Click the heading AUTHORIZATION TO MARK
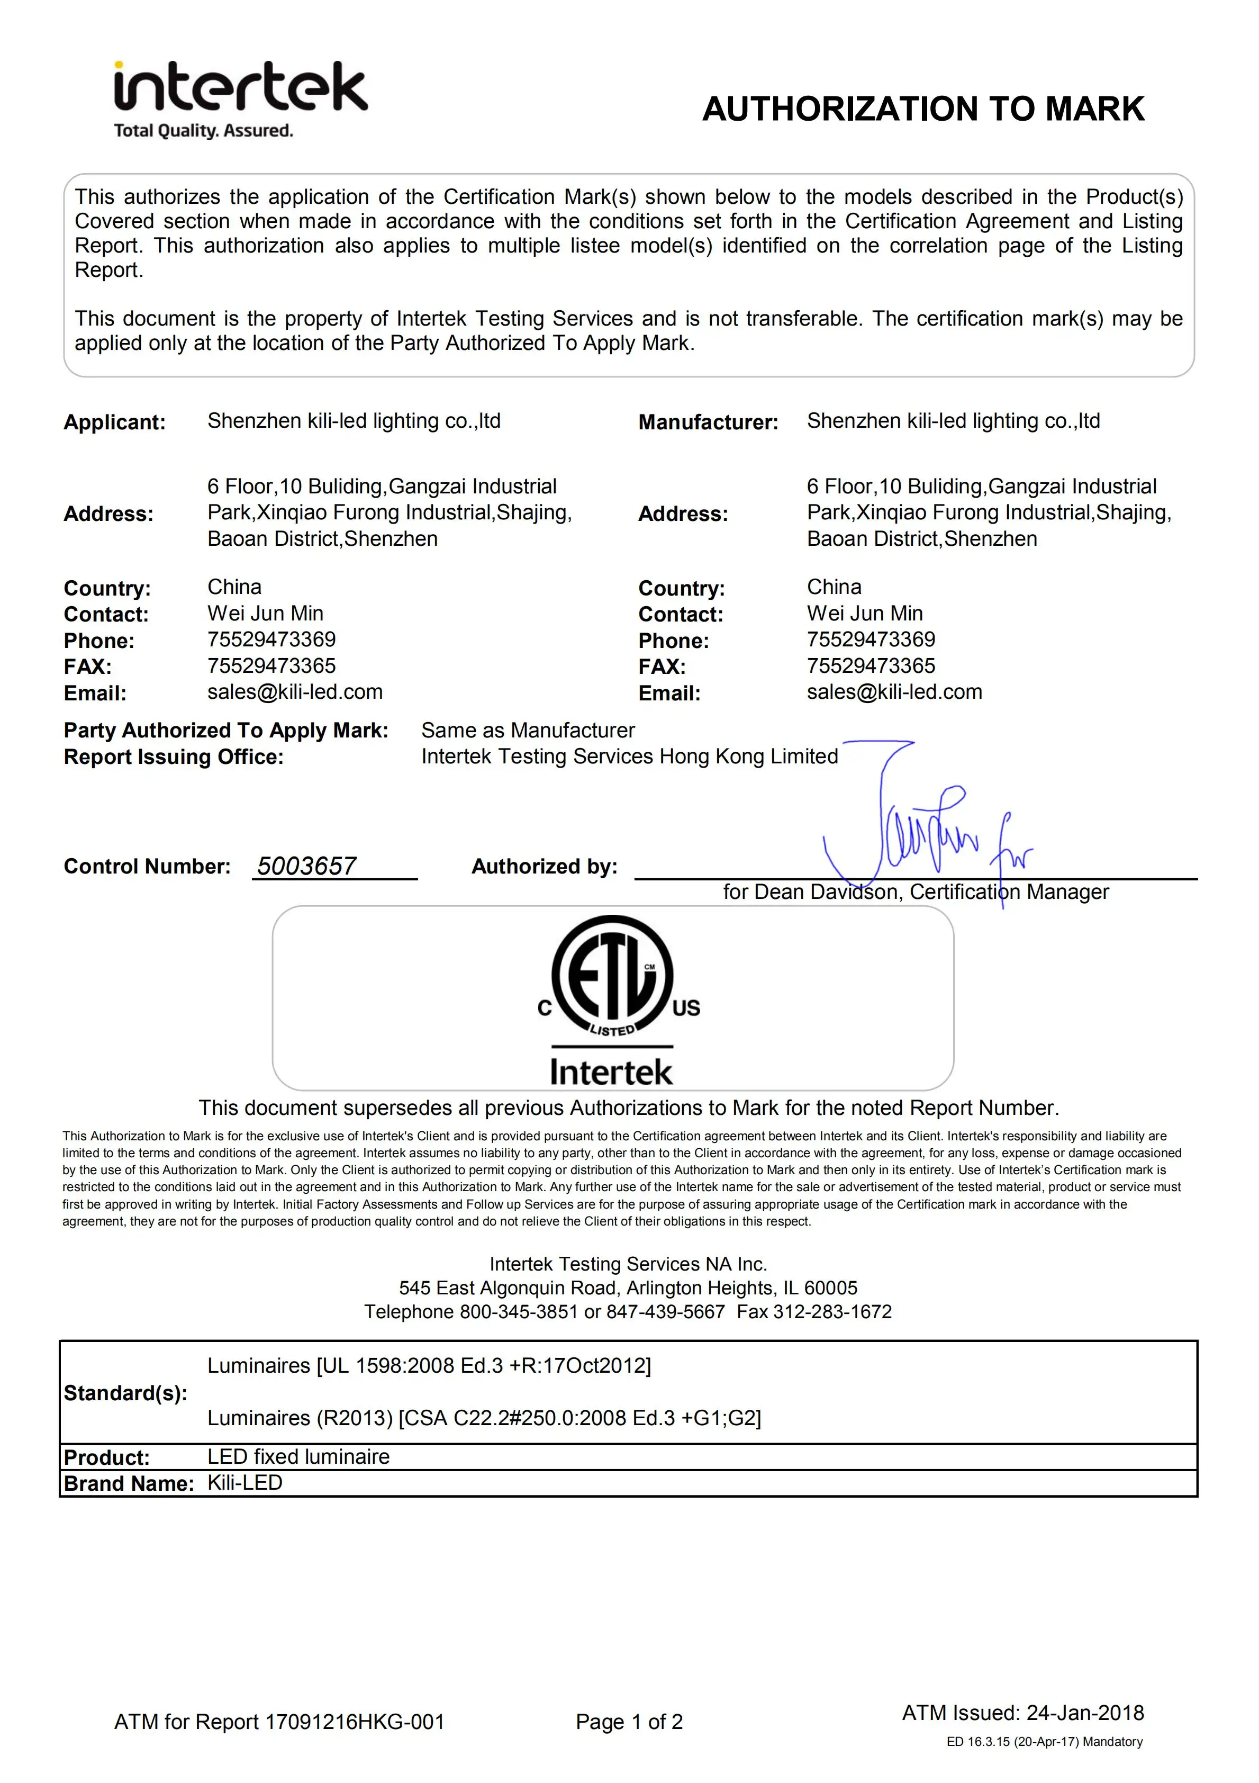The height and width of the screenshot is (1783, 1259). pyautogui.click(x=923, y=109)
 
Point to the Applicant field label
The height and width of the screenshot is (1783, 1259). pyautogui.click(x=115, y=422)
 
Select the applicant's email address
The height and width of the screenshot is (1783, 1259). pyautogui.click(x=295, y=692)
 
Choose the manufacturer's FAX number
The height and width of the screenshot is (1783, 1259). pyautogui.click(x=871, y=665)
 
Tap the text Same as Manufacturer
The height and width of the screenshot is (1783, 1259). pyautogui.click(x=528, y=730)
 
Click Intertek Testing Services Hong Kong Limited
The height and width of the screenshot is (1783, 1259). pyautogui.click(x=630, y=757)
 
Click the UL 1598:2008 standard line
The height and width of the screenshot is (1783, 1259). pyautogui.click(x=429, y=1365)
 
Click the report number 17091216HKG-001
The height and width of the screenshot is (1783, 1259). pyautogui.click(x=355, y=1722)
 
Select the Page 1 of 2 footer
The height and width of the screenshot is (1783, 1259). pyautogui.click(x=629, y=1722)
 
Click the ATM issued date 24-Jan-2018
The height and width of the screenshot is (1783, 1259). pyautogui.click(x=1084, y=1713)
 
